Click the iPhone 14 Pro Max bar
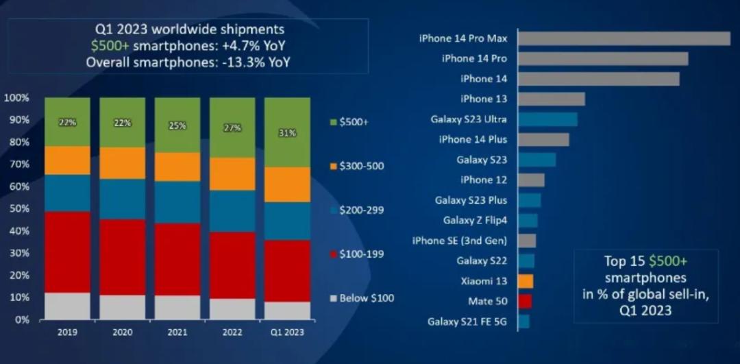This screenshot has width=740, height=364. [624, 38]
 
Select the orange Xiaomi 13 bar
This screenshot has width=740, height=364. [526, 281]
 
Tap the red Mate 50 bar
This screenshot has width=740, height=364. [525, 301]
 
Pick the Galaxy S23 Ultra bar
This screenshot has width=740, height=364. [547, 119]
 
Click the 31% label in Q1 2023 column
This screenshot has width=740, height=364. [287, 133]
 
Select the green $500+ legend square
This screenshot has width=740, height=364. [333, 122]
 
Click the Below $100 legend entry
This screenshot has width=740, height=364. [362, 298]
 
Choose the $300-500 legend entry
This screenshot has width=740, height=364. [362, 166]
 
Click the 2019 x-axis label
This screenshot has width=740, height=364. [67, 332]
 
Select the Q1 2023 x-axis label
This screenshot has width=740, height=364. [286, 332]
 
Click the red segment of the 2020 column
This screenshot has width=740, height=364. [122, 257]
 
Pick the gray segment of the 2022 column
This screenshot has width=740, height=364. [232, 308]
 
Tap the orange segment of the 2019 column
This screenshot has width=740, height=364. [67, 160]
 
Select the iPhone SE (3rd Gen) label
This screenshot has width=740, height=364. [459, 241]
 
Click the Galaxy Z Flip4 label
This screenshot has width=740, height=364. [475, 220]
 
